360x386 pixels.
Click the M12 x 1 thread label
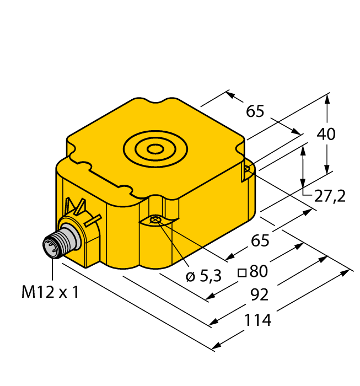[50, 292]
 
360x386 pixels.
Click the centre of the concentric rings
[156, 148]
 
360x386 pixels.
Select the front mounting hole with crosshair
[155, 221]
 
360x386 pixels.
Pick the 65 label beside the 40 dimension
[255, 111]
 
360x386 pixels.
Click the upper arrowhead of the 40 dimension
[327, 100]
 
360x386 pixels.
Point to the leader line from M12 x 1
[53, 270]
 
